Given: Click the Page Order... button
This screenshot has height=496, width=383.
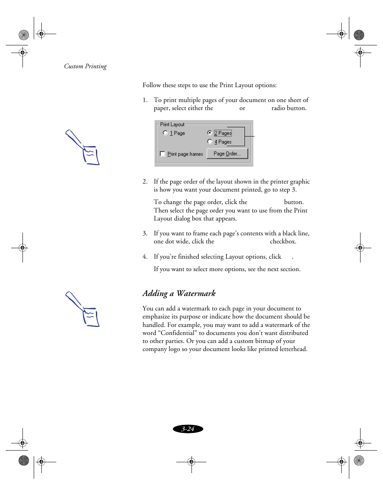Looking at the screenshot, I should pos(227,154).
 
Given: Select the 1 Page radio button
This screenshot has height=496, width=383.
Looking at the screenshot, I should pos(165,133).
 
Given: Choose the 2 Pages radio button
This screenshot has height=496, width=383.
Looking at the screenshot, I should pos(210,133).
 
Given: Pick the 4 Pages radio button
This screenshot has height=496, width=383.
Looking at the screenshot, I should pos(210,142).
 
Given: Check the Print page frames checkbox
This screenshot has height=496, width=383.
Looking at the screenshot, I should pos(163,154).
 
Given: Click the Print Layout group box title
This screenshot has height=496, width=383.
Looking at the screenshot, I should pos(172,125).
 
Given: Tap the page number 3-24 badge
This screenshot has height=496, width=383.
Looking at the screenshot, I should pos(188,429).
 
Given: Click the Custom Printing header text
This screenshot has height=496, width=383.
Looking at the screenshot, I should pos(86,66).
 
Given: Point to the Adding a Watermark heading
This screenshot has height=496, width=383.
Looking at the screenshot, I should pos(179,294).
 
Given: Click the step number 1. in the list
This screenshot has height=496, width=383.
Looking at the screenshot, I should pos(145,100).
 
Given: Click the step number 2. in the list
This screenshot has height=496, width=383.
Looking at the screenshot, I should pos(145,182).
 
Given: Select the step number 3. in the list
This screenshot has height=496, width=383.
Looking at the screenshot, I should pos(145,233).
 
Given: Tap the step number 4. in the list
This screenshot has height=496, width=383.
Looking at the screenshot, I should pos(145,257).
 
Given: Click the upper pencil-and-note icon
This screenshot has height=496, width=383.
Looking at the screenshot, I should pos(83,147).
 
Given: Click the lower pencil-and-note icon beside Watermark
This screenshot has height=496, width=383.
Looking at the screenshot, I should pos(83,309).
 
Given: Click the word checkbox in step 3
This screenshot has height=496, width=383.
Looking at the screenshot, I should pos(283,241).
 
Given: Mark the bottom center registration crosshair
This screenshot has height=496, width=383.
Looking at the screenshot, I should pos(191,462).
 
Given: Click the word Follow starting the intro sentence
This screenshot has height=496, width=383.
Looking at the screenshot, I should pos(152,85).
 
